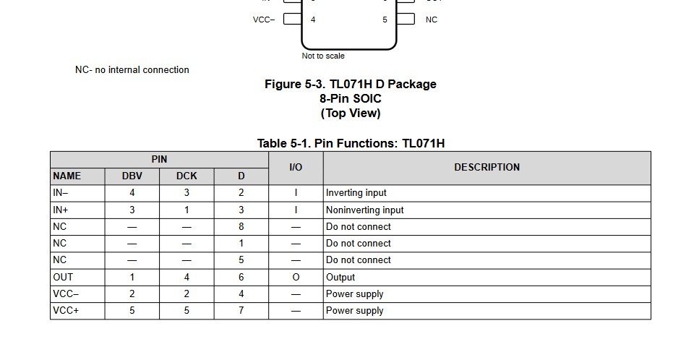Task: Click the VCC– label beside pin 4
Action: coord(264,20)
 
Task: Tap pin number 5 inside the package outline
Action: coord(385,20)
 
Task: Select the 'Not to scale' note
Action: coord(323,56)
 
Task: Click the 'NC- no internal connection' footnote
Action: coord(132,69)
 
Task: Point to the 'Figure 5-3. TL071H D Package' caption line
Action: coord(351,84)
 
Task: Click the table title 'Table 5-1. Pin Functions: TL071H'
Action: coord(351,143)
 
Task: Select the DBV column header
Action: coord(132,176)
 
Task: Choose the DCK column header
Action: coord(187,176)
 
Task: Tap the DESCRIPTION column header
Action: coord(487,168)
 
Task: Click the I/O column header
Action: coord(296,168)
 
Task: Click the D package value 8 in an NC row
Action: coord(241,227)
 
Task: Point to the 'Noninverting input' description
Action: coord(364,210)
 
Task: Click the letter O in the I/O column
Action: coord(296,277)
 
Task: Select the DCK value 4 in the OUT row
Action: coord(187,277)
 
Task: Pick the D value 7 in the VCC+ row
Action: coord(241,310)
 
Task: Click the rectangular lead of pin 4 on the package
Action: coord(293,19)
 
